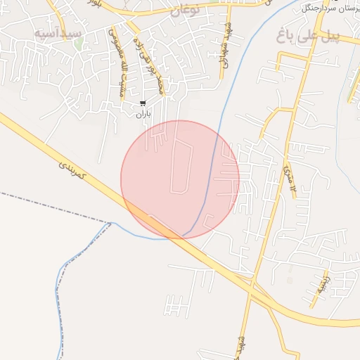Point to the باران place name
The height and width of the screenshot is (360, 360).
(143, 113)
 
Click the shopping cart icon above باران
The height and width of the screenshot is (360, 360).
(143, 103)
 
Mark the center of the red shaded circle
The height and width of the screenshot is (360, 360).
(180, 180)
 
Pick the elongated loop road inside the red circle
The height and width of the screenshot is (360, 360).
(180, 166)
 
